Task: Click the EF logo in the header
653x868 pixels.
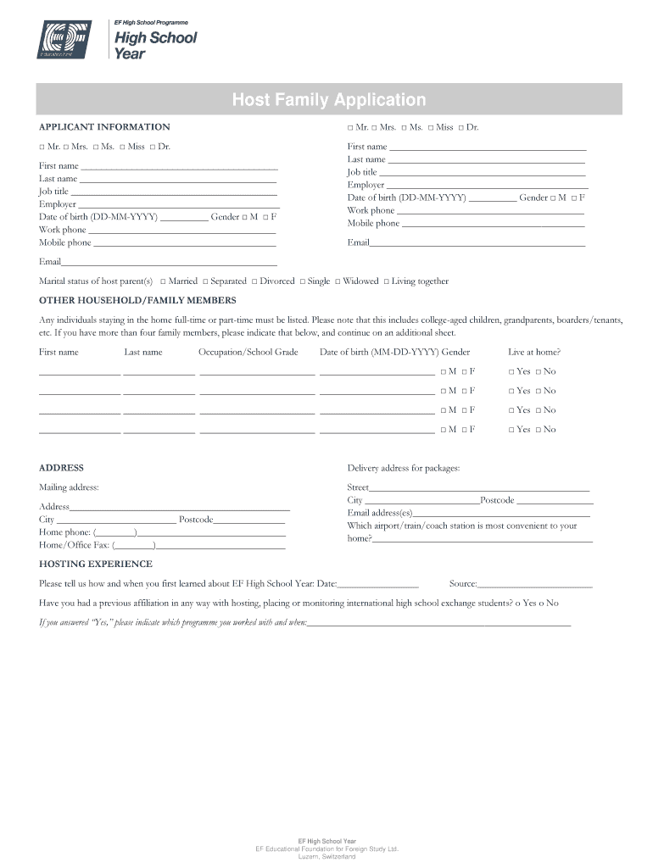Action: pos(65,41)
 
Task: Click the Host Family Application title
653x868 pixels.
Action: pos(329,100)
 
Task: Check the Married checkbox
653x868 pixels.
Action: pos(164,281)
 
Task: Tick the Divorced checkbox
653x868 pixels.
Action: pos(254,281)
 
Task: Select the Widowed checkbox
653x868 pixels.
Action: pos(338,281)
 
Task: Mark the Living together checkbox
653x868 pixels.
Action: pos(387,281)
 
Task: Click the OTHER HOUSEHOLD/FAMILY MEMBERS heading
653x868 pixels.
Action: pos(137,301)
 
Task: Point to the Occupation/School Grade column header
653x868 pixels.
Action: pos(248,352)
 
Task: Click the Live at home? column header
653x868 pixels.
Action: pos(534,352)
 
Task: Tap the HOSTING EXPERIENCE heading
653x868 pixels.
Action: pos(96,565)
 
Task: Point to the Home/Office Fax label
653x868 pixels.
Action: pos(74,545)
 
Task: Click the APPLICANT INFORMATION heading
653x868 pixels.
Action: pos(104,127)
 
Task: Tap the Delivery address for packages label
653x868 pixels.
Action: pos(404,468)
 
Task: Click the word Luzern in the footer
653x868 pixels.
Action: pos(308,857)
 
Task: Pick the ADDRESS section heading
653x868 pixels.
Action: pos(61,468)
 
